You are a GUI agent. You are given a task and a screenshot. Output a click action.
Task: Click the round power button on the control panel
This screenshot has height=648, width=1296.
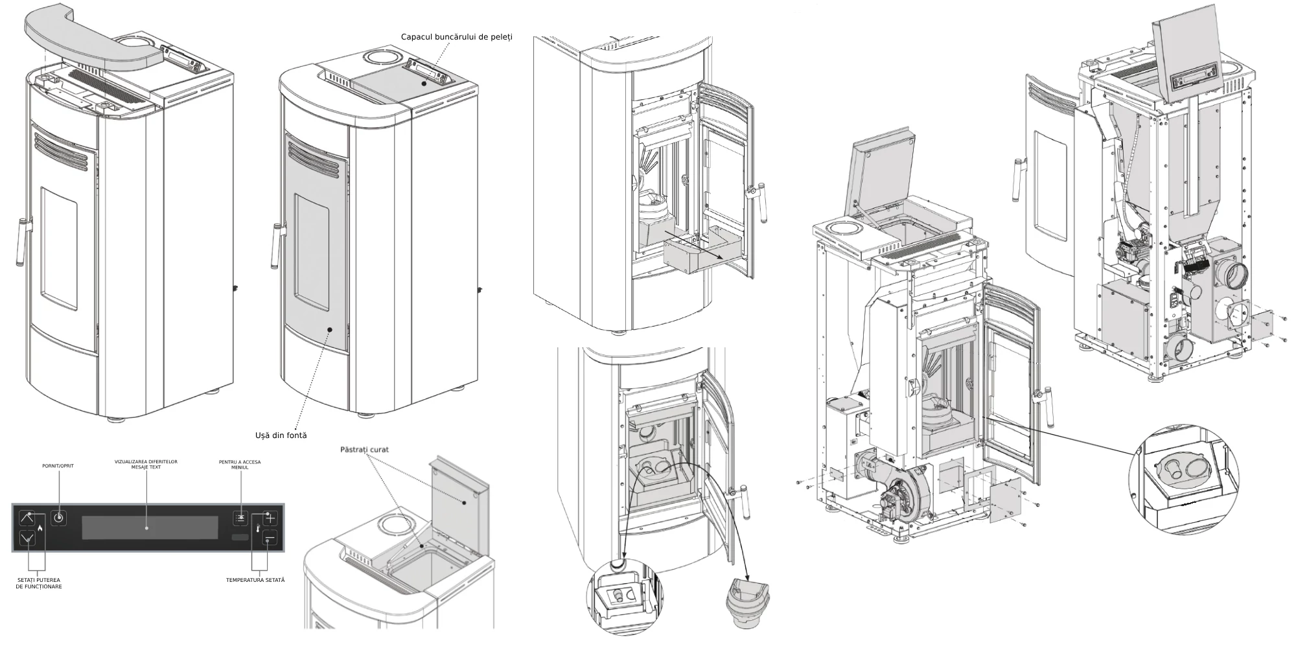click(59, 518)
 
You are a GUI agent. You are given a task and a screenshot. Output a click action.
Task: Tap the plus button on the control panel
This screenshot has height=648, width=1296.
click(270, 518)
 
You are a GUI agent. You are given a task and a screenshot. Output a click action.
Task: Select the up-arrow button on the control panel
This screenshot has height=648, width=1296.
click(27, 518)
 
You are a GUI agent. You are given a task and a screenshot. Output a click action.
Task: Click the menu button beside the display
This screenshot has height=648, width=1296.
click(240, 518)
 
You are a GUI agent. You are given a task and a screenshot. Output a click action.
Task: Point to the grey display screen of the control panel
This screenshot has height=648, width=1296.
click(150, 527)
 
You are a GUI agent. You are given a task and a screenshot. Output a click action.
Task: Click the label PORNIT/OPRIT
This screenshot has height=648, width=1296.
click(58, 465)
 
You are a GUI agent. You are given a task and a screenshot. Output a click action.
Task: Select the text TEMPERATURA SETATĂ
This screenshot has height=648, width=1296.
click(255, 579)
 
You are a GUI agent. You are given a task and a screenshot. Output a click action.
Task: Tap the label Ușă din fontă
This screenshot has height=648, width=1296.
click(281, 435)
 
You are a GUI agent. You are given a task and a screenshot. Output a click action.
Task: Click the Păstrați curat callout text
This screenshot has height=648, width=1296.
click(364, 449)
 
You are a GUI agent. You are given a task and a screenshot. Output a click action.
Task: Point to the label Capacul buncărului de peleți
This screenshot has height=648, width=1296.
click(456, 36)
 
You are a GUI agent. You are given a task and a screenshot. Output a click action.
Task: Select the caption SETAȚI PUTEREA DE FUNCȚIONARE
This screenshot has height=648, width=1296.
click(39, 583)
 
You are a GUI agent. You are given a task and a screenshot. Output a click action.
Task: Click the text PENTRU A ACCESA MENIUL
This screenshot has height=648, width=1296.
click(240, 465)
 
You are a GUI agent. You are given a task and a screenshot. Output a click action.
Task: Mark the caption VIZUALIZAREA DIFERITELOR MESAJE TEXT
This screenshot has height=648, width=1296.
click(146, 464)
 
